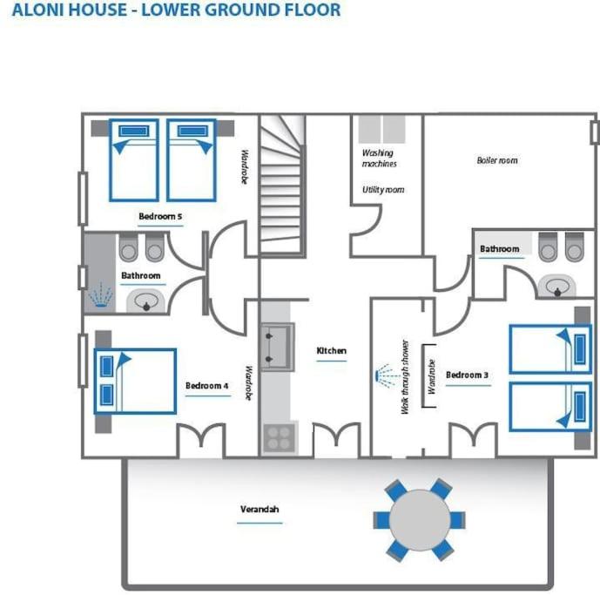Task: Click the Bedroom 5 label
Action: [160, 216]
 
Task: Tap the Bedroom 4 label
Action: [207, 386]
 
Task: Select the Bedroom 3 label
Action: [468, 375]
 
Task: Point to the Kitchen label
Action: [332, 351]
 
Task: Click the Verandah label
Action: [260, 510]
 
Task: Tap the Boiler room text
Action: [497, 160]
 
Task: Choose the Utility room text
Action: [383, 190]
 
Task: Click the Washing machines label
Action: [379, 159]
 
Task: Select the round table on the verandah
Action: [420, 520]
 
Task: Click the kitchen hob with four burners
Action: [280, 438]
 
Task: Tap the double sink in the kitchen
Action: [278, 348]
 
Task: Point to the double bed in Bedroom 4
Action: [136, 382]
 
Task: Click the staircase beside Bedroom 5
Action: [282, 185]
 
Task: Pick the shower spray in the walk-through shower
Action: [388, 375]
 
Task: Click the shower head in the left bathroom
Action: [100, 295]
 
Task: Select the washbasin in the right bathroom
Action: [557, 287]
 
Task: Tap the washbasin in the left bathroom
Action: [146, 301]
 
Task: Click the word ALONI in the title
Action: [37, 10]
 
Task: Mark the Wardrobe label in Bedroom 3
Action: [432, 376]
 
